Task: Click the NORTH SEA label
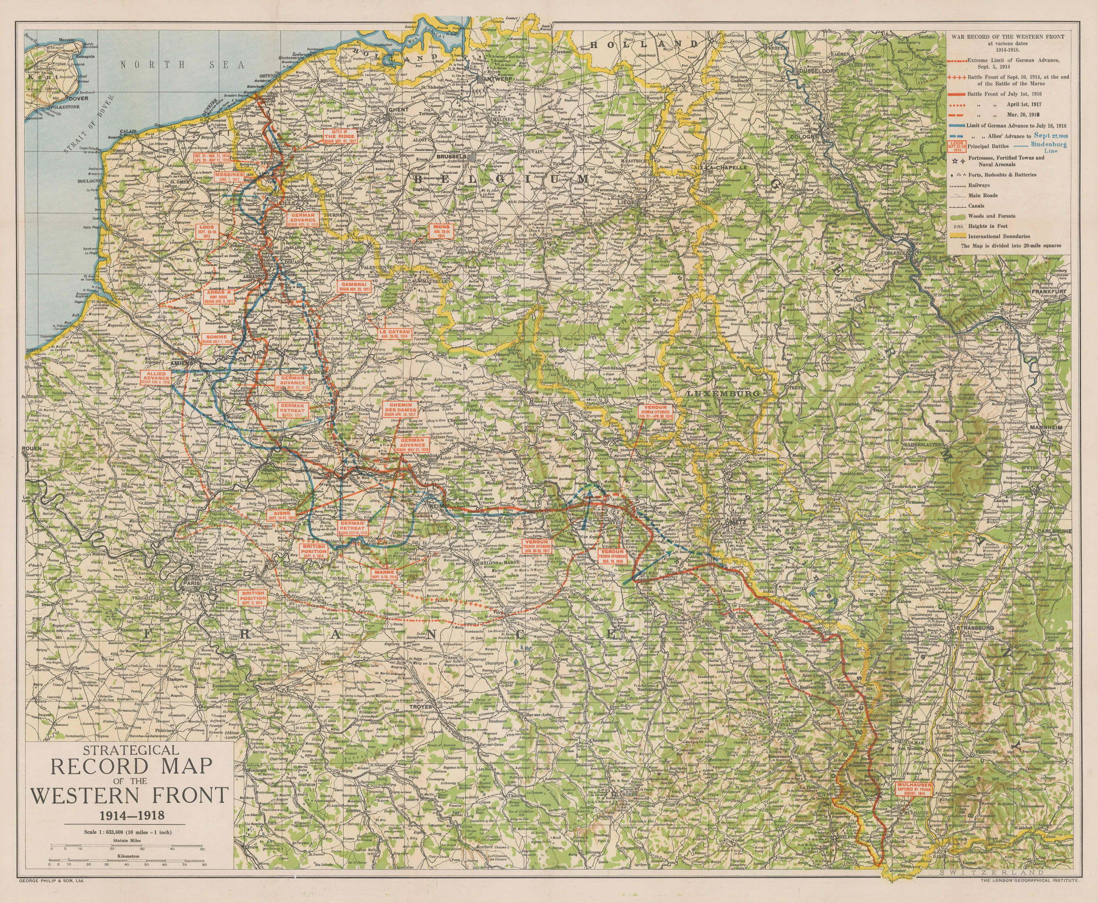182,65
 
